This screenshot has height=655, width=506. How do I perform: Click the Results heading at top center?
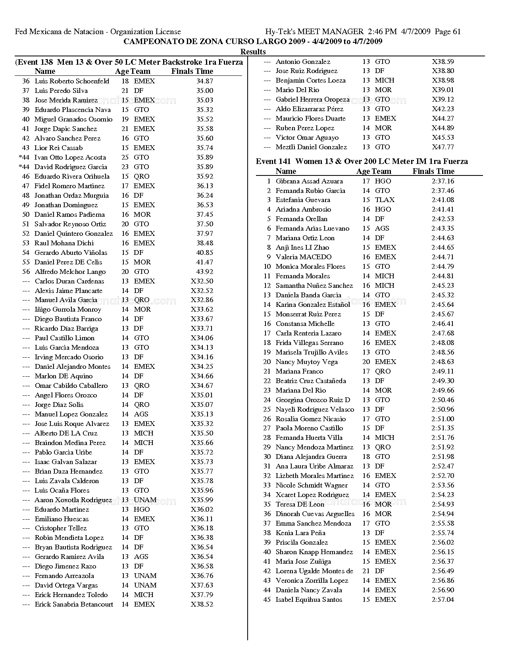(x=253, y=52)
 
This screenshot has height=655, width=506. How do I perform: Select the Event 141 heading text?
(x=362, y=161)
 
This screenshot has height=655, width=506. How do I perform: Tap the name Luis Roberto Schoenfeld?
(x=72, y=81)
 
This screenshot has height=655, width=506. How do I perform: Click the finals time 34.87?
(x=204, y=81)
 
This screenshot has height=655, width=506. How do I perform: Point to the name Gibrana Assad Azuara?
(x=309, y=181)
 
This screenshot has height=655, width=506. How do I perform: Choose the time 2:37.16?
(x=443, y=181)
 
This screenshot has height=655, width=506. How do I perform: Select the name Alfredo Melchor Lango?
(x=70, y=272)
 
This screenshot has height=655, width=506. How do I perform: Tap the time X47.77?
(x=443, y=147)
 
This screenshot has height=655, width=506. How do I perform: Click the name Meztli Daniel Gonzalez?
(x=311, y=147)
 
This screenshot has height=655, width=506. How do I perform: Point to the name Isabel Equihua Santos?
(x=309, y=599)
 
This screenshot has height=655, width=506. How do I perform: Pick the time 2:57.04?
(x=443, y=599)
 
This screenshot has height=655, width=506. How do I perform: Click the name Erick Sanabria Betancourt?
(x=74, y=604)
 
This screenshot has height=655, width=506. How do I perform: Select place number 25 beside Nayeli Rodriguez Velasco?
(x=267, y=409)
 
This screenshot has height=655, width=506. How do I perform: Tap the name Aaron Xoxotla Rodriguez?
(x=73, y=500)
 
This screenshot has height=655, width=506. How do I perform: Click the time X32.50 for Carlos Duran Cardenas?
(x=202, y=281)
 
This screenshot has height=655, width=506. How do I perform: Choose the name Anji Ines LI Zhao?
(x=302, y=247)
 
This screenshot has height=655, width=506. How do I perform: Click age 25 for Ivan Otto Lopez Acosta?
(x=125, y=157)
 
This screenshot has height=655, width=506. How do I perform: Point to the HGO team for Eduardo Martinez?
(x=142, y=509)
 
